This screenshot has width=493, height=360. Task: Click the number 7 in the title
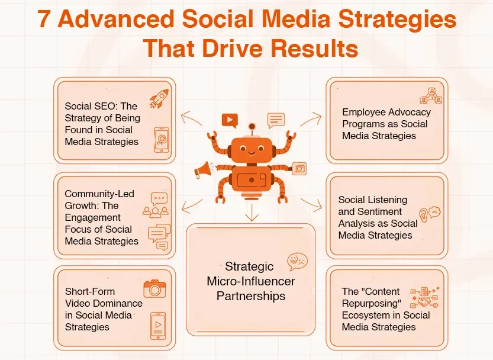coord(44,20)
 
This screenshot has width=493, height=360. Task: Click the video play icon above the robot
coord(230,120)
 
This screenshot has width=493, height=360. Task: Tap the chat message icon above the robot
coord(276,120)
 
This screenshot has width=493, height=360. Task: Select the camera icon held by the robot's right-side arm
coord(299,168)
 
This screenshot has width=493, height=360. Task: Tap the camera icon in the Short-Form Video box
coord(155,289)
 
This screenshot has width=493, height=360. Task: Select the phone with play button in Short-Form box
coord(157,325)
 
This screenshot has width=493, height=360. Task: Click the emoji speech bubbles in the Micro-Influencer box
coord(297,261)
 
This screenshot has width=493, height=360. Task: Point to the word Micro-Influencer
coord(251,281)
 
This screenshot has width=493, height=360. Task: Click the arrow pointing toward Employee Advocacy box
coord(309,120)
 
